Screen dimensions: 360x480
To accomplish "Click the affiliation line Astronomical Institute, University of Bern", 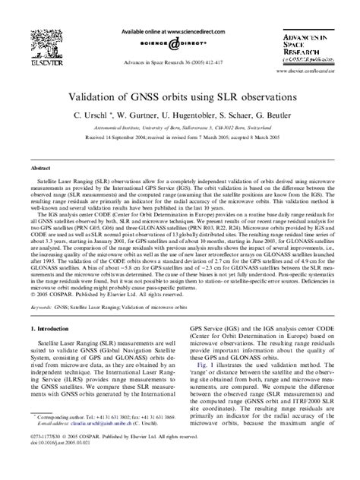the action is [179, 131].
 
